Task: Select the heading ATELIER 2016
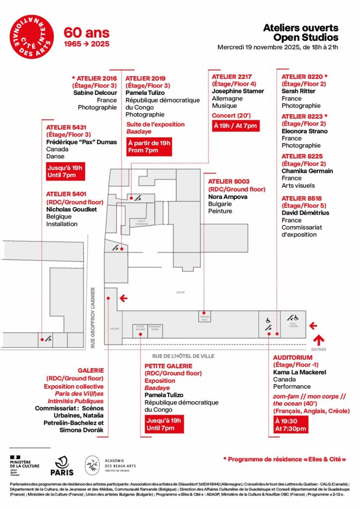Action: (96, 78)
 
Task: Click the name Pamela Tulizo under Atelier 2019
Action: (145, 92)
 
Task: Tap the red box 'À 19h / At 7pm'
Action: (235, 126)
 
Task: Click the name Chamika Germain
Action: (307, 171)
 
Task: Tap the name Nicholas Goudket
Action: (71, 209)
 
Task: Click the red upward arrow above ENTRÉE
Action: (318, 340)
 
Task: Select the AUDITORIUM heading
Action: (293, 357)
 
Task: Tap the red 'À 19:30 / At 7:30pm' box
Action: (291, 424)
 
